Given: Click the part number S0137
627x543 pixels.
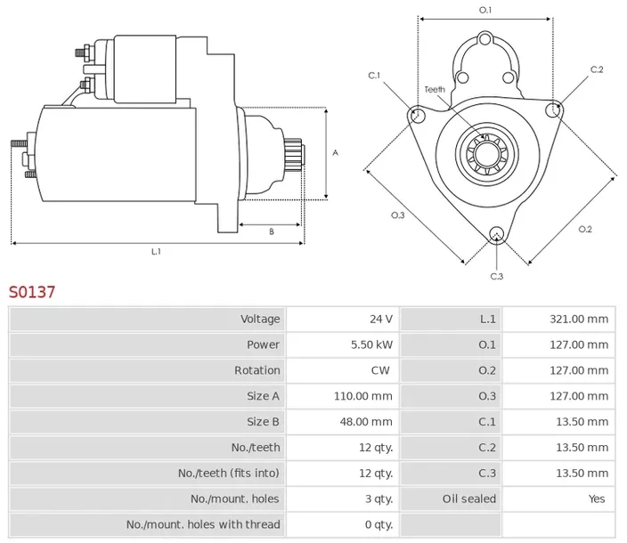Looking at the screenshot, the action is [32, 292].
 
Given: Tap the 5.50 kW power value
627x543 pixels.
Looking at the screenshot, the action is [372, 344].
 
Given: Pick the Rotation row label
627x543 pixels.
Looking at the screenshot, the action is [257, 370].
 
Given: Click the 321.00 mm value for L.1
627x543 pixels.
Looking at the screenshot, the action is [579, 319].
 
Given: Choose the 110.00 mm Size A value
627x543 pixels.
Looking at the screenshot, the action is [363, 396].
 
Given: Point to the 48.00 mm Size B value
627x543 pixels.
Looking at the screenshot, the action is [366, 422].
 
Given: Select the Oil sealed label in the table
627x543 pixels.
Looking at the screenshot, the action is [469, 498].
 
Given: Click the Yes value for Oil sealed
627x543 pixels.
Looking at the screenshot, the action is [597, 498].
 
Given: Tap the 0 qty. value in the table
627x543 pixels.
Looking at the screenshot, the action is [379, 524].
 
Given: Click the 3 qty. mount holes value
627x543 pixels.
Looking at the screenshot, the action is [379, 498].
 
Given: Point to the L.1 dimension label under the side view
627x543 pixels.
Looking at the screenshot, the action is [156, 251].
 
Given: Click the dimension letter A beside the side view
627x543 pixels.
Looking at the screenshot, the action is [335, 152].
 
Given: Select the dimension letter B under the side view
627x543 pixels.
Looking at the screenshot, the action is [272, 231].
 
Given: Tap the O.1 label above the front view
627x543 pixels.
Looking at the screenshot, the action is [485, 10].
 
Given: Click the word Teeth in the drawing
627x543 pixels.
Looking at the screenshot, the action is [435, 90].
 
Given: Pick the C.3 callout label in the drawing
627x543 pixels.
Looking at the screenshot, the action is [496, 276].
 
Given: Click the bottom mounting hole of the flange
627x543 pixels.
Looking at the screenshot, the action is [497, 234].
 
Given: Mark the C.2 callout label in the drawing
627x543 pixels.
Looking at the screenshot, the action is [597, 69].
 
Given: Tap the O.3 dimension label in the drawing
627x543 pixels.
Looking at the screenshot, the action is [397, 215].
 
